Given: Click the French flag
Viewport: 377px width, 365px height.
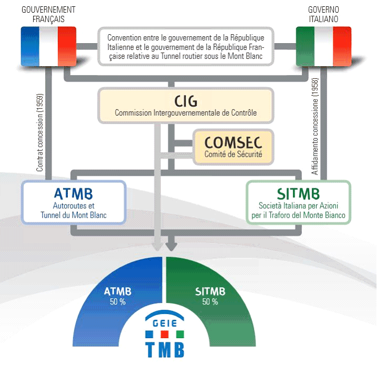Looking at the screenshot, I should [48, 46].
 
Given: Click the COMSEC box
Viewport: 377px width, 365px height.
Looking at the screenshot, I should [233, 145].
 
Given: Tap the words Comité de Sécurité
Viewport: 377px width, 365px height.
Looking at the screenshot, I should [233, 155].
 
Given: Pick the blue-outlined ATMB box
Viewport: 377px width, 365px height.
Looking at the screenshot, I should [74, 202].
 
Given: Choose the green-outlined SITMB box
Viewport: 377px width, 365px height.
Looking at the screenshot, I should [298, 202].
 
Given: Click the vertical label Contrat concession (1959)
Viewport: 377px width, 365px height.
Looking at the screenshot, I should [40, 134].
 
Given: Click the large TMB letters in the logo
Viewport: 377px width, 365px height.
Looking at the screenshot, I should [165, 349].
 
